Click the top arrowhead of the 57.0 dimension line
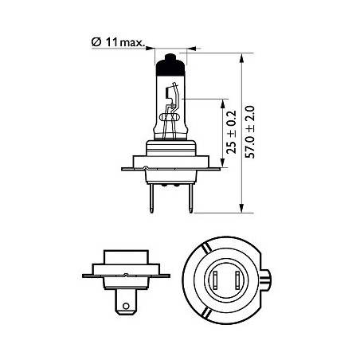pos(241,58)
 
